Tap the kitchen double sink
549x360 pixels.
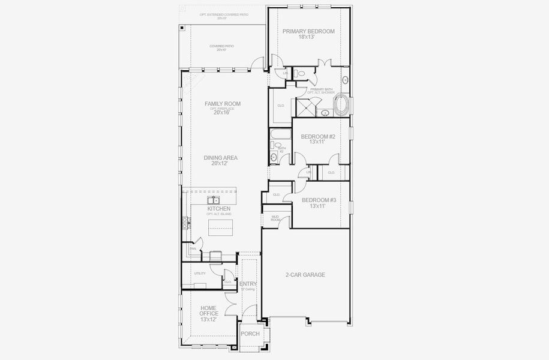click(x=214, y=200)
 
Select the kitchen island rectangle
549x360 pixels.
click(x=218, y=228)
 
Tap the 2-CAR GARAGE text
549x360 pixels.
click(x=305, y=275)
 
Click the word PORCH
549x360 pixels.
click(x=250, y=334)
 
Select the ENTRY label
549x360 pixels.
click(x=248, y=284)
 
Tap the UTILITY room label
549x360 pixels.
click(x=200, y=274)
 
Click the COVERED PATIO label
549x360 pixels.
click(x=221, y=47)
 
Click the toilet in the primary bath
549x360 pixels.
click(x=301, y=73)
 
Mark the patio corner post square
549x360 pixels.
click(x=183, y=27)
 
